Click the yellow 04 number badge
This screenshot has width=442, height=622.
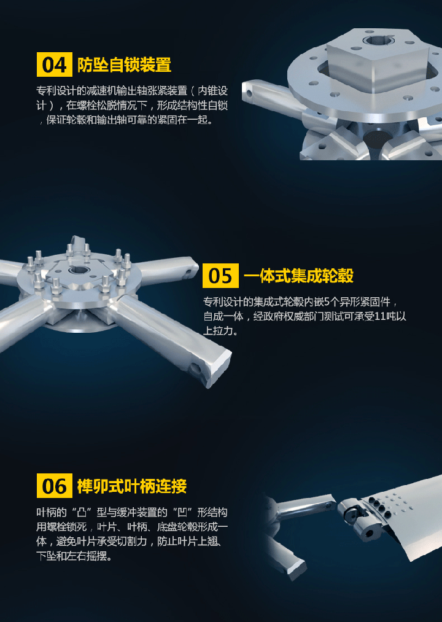tap(55, 64)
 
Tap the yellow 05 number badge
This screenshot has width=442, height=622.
tap(220, 276)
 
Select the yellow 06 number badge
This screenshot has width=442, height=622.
tap(55, 486)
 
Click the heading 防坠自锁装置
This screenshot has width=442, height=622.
tap(124, 64)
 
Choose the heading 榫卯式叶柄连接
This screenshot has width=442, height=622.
tap(132, 486)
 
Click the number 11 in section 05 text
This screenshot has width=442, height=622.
tap(380, 317)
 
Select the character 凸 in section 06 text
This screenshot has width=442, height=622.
tap(82, 513)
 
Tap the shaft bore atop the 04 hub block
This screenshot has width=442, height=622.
tap(377, 39)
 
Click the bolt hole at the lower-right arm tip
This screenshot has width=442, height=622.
tap(195, 369)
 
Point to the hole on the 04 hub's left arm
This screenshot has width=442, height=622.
tap(249, 94)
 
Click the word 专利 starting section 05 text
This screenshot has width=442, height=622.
tap(213, 302)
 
